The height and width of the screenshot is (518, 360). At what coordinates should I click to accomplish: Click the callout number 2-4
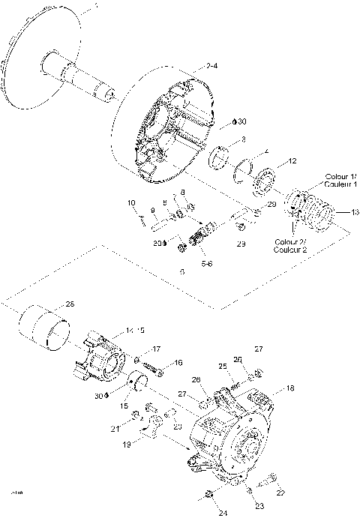pyautogui.click(x=212, y=67)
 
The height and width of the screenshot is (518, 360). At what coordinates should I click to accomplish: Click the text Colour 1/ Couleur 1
pyautogui.click(x=340, y=180)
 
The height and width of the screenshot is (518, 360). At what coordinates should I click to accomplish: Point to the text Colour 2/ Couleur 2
pyautogui.click(x=291, y=247)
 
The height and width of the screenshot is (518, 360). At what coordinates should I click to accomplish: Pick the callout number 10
pyautogui.click(x=131, y=202)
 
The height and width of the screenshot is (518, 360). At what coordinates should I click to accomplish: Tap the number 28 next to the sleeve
pyautogui.click(x=70, y=304)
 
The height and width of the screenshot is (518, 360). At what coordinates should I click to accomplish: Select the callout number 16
pyautogui.click(x=178, y=362)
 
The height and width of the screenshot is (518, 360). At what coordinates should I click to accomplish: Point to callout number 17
pyautogui.click(x=157, y=349)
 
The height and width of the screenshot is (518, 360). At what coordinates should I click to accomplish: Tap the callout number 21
pyautogui.click(x=115, y=429)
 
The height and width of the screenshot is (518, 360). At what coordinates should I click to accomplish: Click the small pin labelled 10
pyautogui.click(x=142, y=220)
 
